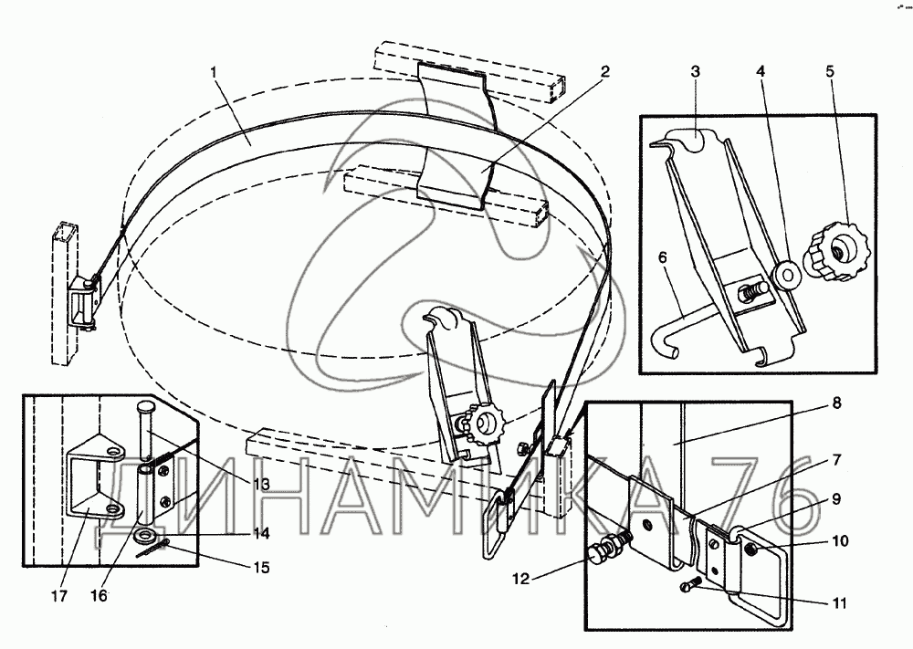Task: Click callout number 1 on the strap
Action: (x=215, y=73)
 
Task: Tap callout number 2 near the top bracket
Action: (x=605, y=72)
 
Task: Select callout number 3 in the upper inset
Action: (x=695, y=72)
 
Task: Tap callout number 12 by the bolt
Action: (x=521, y=579)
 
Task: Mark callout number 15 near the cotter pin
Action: (x=262, y=568)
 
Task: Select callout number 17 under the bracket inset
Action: (x=58, y=596)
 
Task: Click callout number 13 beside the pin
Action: (x=261, y=484)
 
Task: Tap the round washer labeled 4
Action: (x=784, y=276)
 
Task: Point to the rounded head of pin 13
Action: (x=146, y=404)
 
